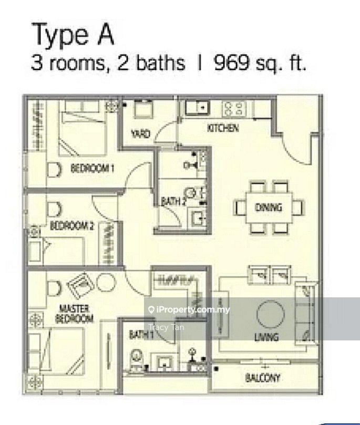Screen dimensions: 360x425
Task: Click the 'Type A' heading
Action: [x=73, y=35]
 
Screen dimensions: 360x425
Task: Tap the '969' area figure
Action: [x=232, y=63]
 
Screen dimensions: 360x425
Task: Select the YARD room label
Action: [x=140, y=133]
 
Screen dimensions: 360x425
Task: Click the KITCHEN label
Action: [x=223, y=128]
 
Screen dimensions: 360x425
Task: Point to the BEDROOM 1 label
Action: [x=92, y=169]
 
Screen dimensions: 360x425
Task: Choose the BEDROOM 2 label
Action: [x=72, y=225]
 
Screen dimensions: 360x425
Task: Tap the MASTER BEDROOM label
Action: [x=74, y=314]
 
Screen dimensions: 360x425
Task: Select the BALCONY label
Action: [x=262, y=378]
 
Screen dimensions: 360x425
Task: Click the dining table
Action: [x=269, y=208]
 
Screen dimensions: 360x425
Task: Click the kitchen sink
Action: [x=198, y=108]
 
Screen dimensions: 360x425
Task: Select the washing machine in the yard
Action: [x=143, y=109]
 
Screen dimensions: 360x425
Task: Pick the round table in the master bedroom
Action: [x=106, y=283]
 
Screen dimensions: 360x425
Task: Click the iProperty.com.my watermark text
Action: [x=189, y=309]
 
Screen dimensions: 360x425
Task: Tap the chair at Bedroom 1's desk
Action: [x=55, y=170]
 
